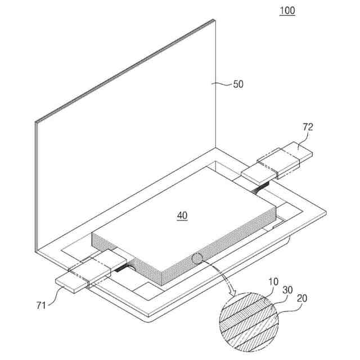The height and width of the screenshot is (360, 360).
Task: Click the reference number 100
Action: (286, 10)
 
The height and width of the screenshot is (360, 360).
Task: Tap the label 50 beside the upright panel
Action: (238, 84)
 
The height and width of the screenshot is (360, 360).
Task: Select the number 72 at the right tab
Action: (308, 127)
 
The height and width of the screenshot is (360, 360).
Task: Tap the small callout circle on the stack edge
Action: (199, 259)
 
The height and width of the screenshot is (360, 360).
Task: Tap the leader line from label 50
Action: (223, 84)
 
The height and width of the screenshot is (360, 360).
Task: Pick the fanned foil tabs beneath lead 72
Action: (263, 188)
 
